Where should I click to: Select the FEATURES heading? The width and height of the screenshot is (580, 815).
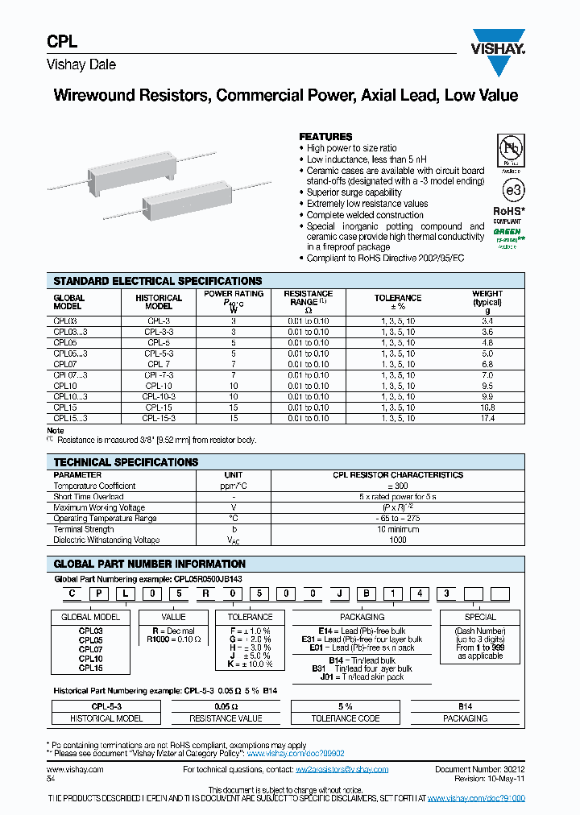(x=325, y=137)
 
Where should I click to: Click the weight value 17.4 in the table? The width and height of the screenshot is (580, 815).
(x=487, y=418)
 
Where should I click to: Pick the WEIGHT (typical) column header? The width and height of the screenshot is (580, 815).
(x=487, y=302)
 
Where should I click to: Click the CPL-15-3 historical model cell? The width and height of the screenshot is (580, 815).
(x=159, y=418)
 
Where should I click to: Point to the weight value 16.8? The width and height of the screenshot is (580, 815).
(x=487, y=407)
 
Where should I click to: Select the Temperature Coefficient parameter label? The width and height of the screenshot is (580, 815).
(x=94, y=486)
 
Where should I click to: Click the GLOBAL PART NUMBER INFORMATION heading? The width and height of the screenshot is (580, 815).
(x=149, y=564)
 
